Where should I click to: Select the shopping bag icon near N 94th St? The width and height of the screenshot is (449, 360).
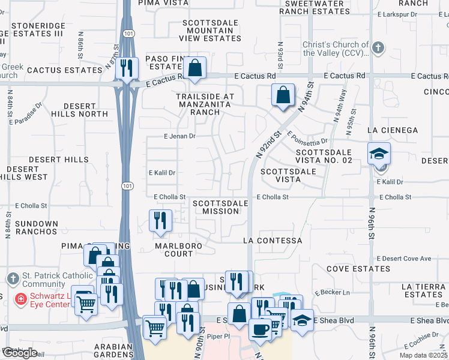[283, 95]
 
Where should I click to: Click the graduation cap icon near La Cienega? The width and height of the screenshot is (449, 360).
[379, 154]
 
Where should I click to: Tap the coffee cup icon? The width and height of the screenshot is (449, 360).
[260, 328]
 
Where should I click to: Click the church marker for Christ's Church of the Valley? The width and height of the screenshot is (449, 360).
[378, 48]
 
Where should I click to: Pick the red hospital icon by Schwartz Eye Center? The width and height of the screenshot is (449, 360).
[20, 298]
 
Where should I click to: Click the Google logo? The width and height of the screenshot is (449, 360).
[20, 353]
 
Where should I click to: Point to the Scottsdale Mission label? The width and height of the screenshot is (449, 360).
[220, 207]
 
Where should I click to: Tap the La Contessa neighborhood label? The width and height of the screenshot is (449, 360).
[272, 241]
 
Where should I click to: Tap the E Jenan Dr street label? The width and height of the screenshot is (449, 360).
[179, 136]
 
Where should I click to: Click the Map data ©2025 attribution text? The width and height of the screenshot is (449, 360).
[423, 355]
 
